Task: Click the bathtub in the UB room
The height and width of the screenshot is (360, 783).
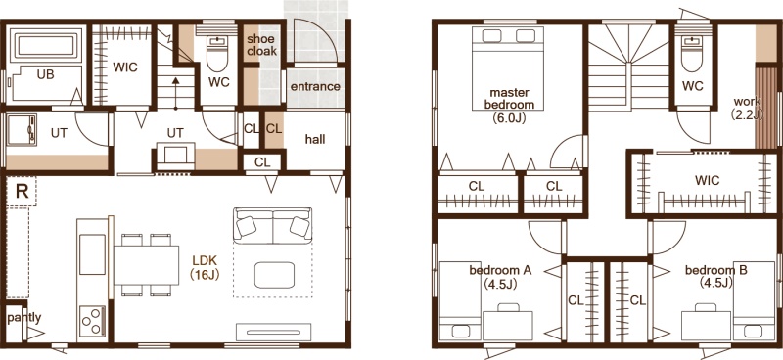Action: (45, 45)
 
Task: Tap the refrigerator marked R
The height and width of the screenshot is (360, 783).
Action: (22, 191)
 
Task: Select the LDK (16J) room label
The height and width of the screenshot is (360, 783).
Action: (205, 267)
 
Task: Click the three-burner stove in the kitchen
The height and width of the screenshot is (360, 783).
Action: (92, 322)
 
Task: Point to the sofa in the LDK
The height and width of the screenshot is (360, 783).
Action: (273, 225)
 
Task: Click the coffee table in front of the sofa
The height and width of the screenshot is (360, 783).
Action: (274, 275)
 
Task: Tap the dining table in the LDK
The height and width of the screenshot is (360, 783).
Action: (146, 265)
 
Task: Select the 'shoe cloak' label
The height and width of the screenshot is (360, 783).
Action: (260, 45)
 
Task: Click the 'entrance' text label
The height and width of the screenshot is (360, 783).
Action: (315, 86)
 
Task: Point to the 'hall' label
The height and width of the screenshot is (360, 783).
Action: (315, 139)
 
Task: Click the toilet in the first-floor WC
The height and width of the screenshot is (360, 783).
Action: (216, 54)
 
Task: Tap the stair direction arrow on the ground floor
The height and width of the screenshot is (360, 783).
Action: (175, 92)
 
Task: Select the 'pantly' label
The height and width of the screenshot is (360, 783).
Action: (23, 318)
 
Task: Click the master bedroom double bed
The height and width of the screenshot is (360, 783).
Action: (508, 67)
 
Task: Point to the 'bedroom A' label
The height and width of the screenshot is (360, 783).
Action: (500, 271)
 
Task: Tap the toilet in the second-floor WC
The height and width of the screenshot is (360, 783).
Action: (692, 54)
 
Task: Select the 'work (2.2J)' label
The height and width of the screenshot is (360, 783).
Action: (747, 108)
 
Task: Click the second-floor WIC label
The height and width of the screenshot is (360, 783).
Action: (707, 180)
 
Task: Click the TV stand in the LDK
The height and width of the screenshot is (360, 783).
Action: (274, 332)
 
